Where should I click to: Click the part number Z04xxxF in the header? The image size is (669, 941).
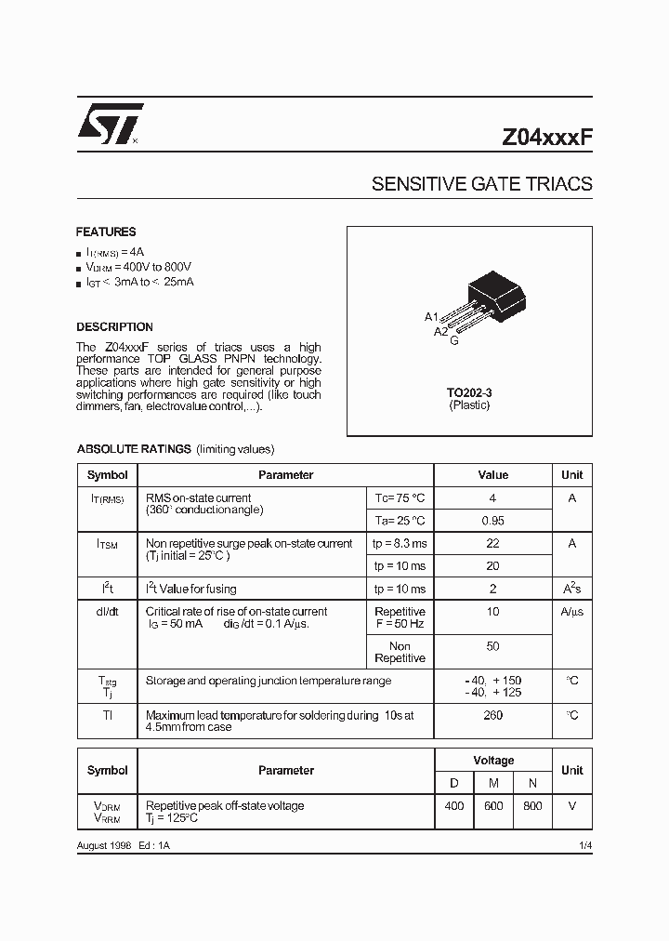(546, 135)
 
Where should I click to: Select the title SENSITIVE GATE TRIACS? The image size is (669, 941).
(481, 184)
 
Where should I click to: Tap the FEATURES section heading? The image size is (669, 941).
(106, 232)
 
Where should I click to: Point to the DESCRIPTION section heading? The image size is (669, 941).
(114, 327)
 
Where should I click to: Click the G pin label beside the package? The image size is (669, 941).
(453, 341)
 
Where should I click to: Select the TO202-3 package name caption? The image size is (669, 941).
(468, 392)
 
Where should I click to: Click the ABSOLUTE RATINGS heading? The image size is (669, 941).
(134, 449)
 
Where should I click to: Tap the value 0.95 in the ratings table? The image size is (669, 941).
(492, 522)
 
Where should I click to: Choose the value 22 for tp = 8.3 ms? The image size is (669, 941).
(492, 544)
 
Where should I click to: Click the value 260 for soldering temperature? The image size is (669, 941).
(492, 715)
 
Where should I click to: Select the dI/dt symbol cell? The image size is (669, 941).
(108, 612)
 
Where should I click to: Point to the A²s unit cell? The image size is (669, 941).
(571, 589)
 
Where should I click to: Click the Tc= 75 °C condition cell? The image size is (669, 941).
(400, 498)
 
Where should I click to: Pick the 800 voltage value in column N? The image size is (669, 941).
(531, 806)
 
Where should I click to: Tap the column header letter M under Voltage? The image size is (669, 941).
(492, 784)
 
